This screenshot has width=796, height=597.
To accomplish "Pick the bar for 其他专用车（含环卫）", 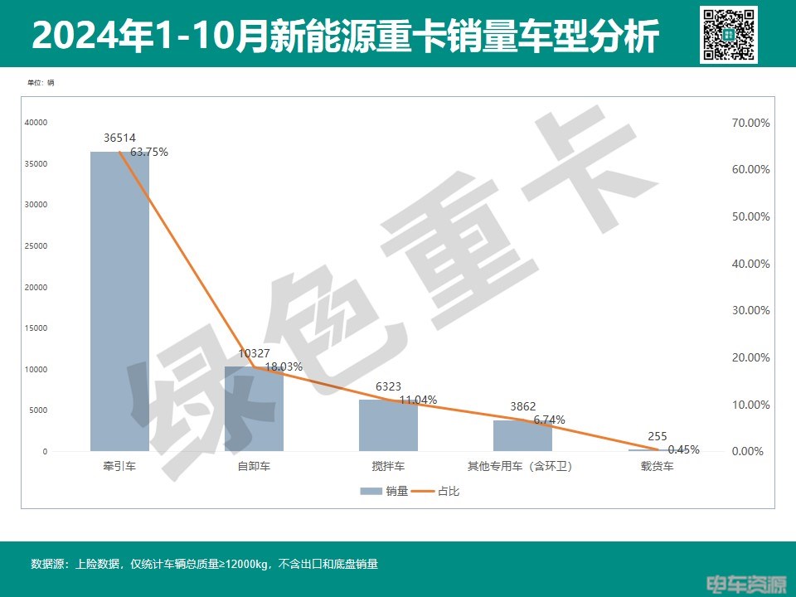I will tap(522, 435).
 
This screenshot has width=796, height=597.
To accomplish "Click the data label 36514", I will tap(120, 138).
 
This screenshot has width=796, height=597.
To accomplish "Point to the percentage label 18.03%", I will tap(284, 366).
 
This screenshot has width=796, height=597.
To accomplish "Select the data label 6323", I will tap(388, 386).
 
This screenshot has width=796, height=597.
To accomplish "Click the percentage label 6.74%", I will tap(549, 420).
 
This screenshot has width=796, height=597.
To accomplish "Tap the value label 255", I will tap(658, 436).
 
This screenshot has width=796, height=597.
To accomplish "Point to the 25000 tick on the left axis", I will tap(36, 246).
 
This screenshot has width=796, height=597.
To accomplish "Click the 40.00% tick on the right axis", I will tap(750, 264).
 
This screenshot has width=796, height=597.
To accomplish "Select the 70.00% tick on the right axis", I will tap(750, 123).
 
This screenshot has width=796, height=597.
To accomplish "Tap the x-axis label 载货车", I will tap(657, 466).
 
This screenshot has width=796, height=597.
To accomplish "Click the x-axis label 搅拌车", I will tap(388, 466).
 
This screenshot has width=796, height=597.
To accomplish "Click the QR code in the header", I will tap(729, 35).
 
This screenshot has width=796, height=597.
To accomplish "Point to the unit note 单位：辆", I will tap(41, 83).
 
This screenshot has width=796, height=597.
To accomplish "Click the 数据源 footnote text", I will tap(204, 565).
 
